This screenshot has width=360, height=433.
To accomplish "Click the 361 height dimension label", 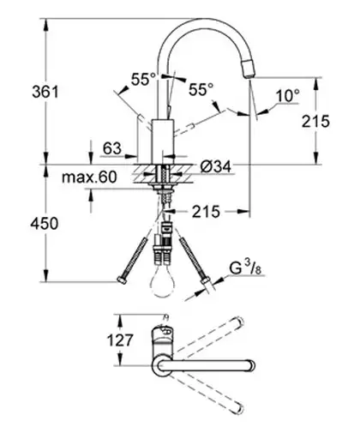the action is click(45, 92).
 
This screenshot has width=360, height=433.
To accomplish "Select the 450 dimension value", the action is click(45, 224).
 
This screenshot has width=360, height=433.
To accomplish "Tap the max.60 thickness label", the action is click(89, 177).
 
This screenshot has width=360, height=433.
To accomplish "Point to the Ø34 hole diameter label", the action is click(215, 166).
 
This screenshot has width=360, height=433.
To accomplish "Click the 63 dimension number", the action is click(112, 148).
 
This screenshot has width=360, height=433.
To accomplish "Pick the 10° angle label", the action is click(288, 96).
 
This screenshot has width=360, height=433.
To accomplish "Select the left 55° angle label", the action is click(143, 79).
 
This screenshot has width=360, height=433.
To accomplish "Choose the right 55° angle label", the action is click(201, 89).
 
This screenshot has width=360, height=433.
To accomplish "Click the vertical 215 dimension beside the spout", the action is click(315, 121).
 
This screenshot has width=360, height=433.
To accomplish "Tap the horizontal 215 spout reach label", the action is click(206, 212).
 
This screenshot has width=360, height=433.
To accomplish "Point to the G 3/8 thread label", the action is click(246, 268).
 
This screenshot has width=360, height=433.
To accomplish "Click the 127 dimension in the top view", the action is click(120, 340).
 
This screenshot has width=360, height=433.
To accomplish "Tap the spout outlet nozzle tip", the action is click(248, 69).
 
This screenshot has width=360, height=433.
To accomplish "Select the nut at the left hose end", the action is click(122, 280).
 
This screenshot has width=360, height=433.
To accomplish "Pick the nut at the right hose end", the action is click(206, 280).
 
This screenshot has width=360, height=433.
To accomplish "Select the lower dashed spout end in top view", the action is click(239, 409).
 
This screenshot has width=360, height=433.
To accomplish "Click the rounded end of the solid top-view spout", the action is click(251, 366).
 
